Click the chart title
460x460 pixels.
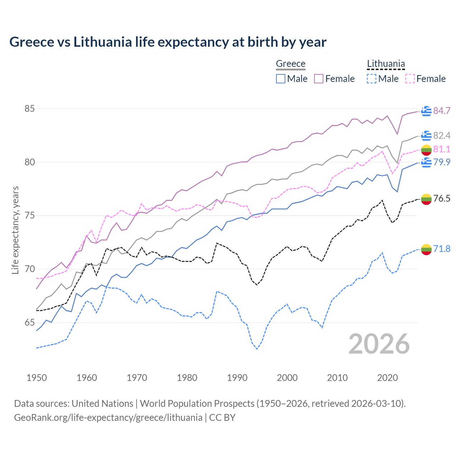pyautogui.click(x=168, y=42)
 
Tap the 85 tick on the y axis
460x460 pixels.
pyautogui.click(x=29, y=109)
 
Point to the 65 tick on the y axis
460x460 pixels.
pyautogui.click(x=29, y=323)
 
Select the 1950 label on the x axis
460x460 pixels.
pyautogui.click(x=37, y=378)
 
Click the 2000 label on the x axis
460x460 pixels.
pyautogui.click(x=287, y=378)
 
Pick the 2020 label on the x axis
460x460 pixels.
pyautogui.click(x=387, y=378)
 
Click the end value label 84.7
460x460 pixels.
pyautogui.click(x=442, y=111)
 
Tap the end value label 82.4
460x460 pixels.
pyautogui.click(x=442, y=136)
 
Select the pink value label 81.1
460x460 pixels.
pyautogui.click(x=442, y=149)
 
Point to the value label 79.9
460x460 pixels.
pyautogui.click(x=442, y=162)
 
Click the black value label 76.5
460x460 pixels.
pyautogui.click(x=442, y=199)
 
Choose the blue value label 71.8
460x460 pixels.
pyautogui.click(x=442, y=249)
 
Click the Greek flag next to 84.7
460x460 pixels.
pyautogui.click(x=426, y=111)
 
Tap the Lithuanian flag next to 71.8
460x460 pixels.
pyautogui.click(x=426, y=249)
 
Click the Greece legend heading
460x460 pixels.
pyautogui.click(x=290, y=64)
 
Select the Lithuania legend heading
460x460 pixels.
pyautogui.click(x=386, y=64)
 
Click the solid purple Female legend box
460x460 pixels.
pyautogui.click(x=319, y=79)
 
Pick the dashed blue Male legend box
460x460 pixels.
pyautogui.click(x=372, y=79)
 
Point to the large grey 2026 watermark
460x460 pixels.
pyautogui.click(x=379, y=344)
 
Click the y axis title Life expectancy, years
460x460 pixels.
pyautogui.click(x=15, y=230)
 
